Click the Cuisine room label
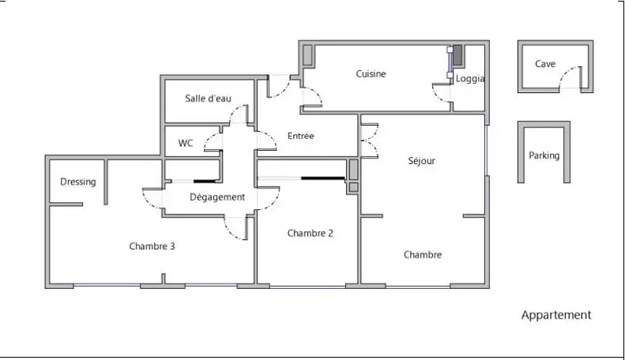[370, 74]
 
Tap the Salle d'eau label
[208, 98]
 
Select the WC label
[186, 144]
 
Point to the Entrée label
[301, 136]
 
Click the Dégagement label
[217, 197]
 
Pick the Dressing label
[78, 182]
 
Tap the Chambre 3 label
[152, 246]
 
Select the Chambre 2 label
[310, 233]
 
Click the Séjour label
[422, 161]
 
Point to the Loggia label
[470, 78]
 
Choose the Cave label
[545, 64]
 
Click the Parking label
[544, 155]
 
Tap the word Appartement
[556, 315]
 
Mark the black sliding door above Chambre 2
[323, 178]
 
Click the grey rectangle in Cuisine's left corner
[307, 55]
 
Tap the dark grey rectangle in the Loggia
[458, 55]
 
